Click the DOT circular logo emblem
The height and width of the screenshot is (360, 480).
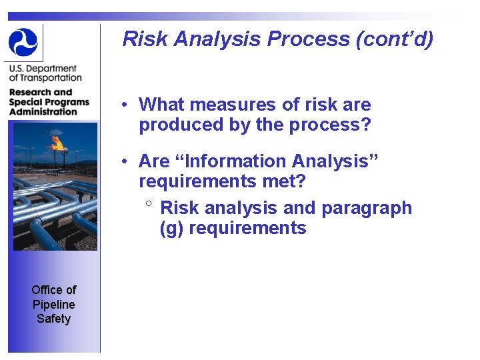click(23, 42)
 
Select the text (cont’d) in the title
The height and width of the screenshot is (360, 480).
click(395, 39)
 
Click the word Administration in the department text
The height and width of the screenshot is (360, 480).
click(43, 111)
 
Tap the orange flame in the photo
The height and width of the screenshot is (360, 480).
click(57, 142)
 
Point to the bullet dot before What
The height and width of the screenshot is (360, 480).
click(125, 105)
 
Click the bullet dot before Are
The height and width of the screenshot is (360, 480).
click(125, 162)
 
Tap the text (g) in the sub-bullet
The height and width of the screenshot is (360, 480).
click(171, 229)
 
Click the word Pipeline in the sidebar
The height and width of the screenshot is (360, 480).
click(54, 304)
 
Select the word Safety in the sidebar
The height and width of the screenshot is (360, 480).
click(54, 319)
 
